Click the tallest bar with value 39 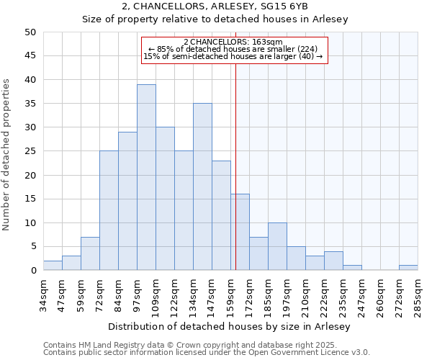coord(146,177)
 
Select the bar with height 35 coord(202,186)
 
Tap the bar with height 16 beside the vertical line coord(240,232)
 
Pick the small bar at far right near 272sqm coord(408,268)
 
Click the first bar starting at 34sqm coord(53,266)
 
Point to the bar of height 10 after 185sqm coord(277,246)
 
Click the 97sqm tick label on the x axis coord(137,294)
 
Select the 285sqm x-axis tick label coord(418,294)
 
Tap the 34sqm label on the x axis coord(43,294)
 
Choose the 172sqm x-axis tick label coord(249,294)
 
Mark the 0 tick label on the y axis coord(32,271)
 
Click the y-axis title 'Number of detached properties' coord(7,156)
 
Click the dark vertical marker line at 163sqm coord(235,166)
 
